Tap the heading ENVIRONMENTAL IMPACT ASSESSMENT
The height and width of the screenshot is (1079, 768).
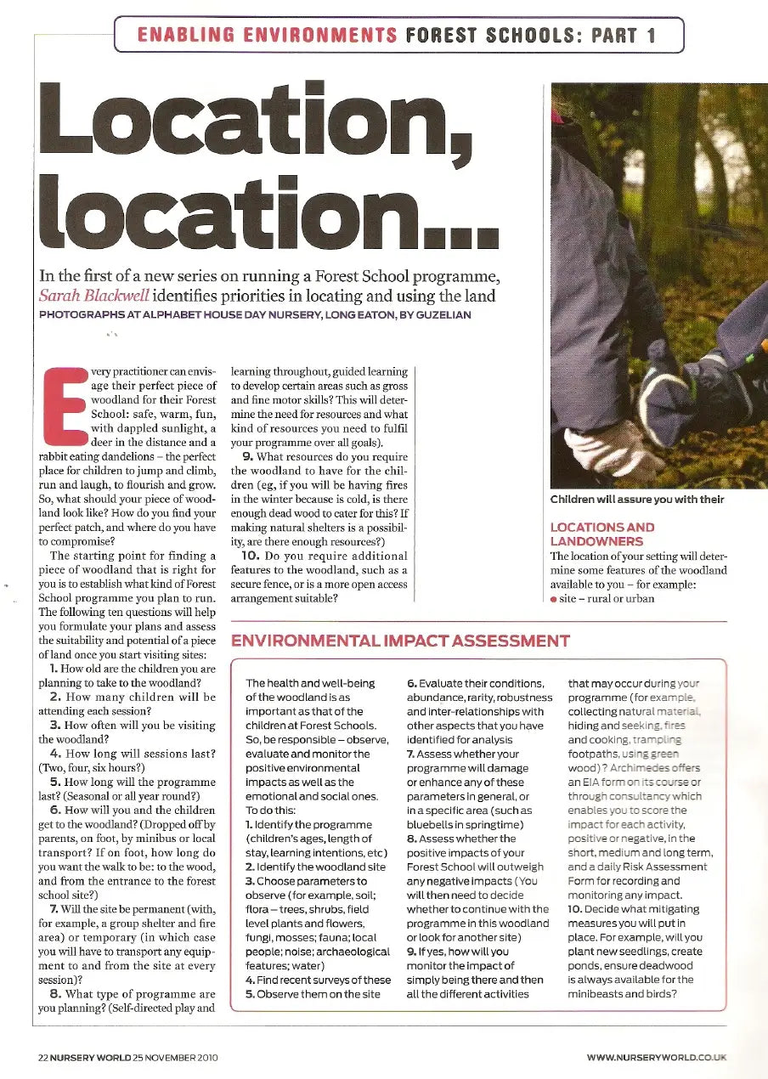click(x=400, y=641)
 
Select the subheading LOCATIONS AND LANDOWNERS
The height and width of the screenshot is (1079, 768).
click(x=602, y=534)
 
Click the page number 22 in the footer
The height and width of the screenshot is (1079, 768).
click(x=42, y=1058)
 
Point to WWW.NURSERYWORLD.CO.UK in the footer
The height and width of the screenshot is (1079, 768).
click(x=656, y=1058)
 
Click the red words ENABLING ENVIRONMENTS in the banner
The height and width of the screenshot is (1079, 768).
click(x=267, y=36)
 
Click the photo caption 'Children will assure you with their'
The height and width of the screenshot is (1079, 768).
click(x=637, y=500)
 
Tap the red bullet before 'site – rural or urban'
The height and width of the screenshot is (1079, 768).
click(x=554, y=598)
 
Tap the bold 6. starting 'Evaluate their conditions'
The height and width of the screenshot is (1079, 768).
click(x=411, y=684)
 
